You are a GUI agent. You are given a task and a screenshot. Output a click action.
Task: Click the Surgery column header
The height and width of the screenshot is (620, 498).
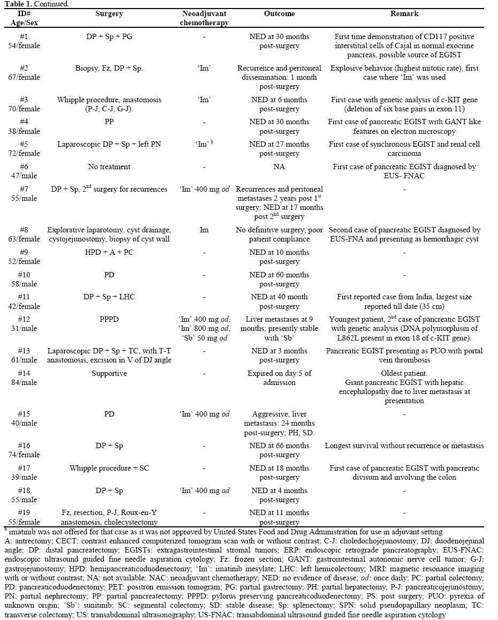pyautogui.click(x=109, y=14)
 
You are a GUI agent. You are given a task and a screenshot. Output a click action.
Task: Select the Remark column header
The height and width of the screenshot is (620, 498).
pyautogui.click(x=404, y=14)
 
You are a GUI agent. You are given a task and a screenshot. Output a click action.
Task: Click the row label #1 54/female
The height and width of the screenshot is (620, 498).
pyautogui.click(x=20, y=41)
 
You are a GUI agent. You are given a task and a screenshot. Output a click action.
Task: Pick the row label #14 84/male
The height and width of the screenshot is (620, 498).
pyautogui.click(x=20, y=377)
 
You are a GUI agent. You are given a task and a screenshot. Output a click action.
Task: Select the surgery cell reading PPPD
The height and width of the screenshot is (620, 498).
pyautogui.click(x=109, y=319)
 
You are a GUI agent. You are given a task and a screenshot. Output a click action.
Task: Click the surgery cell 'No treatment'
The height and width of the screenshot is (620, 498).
pyautogui.click(x=109, y=167)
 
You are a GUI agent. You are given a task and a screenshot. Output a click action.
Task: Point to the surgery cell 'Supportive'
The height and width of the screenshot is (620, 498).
pyautogui.click(x=109, y=373)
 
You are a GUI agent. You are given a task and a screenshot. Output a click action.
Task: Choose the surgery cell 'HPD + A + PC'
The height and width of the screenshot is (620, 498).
pyautogui.click(x=109, y=253)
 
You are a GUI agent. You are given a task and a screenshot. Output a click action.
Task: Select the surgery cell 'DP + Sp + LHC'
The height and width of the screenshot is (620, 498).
pyautogui.click(x=109, y=297)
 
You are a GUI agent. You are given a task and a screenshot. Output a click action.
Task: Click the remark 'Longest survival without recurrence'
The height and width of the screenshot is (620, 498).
pyautogui.click(x=404, y=445)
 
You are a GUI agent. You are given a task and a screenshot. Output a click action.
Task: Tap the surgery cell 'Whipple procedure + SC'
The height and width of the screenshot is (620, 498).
pyautogui.click(x=109, y=468)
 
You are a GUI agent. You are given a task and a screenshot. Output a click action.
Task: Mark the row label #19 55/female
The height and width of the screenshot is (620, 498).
pyautogui.click(x=20, y=517)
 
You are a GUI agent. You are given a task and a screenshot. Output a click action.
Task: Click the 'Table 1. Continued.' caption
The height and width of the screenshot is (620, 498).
pyautogui.click(x=32, y=4)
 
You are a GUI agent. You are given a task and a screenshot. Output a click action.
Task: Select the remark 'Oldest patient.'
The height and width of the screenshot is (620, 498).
pyautogui.click(x=404, y=373)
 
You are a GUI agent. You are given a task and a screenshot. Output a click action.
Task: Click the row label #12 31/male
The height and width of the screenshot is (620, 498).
pyautogui.click(x=20, y=323)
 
